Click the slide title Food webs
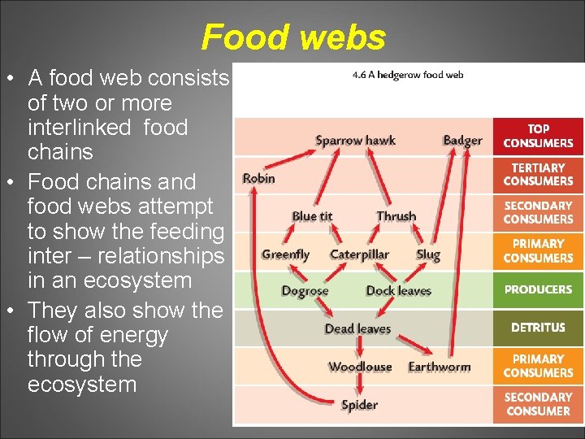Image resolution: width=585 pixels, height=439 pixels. (x=293, y=37)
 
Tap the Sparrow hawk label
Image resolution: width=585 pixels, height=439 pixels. (x=355, y=141)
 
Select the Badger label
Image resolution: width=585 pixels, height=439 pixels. (x=462, y=141)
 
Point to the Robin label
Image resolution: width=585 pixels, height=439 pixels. (x=259, y=178)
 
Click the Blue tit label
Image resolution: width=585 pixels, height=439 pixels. (x=312, y=216)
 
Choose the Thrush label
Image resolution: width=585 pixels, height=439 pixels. (x=396, y=216)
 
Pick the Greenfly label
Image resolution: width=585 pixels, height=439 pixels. (x=285, y=254)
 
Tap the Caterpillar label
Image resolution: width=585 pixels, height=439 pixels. (x=359, y=254)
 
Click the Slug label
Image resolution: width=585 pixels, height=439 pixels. (x=428, y=254)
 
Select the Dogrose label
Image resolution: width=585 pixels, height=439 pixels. (x=305, y=291)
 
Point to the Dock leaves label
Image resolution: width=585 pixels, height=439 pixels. (x=398, y=291)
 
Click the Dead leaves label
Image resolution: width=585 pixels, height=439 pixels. (x=357, y=328)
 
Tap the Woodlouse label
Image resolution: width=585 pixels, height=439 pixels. (x=360, y=367)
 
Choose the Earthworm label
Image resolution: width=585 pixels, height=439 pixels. (x=440, y=367)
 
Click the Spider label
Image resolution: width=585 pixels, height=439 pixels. (x=359, y=405)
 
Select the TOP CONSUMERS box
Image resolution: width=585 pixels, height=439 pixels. (x=538, y=136)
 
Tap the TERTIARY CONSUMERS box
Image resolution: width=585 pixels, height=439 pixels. (x=538, y=174)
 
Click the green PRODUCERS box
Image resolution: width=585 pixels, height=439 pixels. (x=538, y=289)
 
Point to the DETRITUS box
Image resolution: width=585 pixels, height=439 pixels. (x=538, y=328)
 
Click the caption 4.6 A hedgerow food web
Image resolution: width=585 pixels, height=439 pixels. (x=408, y=75)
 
